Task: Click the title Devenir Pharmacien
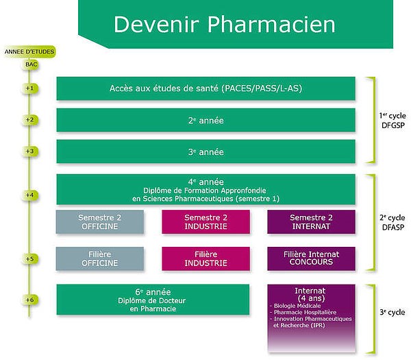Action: [224, 24]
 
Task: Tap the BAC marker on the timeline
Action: [32, 64]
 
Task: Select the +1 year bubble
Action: [29, 88]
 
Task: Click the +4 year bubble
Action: [29, 195]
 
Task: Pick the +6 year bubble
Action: [29, 300]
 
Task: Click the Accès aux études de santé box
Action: [206, 88]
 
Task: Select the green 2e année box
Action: [206, 120]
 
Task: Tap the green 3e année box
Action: [206, 152]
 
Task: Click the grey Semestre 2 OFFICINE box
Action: [100, 221]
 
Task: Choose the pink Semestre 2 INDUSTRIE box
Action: [206, 221]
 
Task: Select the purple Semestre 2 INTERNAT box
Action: [312, 221]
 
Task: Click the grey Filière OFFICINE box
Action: [100, 258]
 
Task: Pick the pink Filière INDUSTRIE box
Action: [206, 258]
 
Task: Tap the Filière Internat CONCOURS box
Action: [312, 258]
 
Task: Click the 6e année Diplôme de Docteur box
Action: [153, 300]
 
